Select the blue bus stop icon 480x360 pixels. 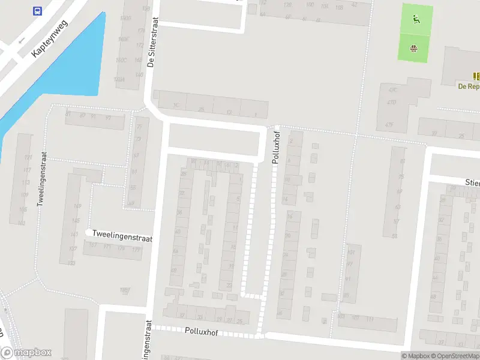point(37,11)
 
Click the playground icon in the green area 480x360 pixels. point(415,19)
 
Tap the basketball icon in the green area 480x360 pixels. point(413,48)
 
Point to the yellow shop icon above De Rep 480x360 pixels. point(476,76)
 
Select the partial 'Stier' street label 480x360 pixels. point(472,181)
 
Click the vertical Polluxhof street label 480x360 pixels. point(276,146)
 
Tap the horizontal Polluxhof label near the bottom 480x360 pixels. point(201,331)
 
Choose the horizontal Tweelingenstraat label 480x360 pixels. point(122,238)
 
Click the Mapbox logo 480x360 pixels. point(26,353)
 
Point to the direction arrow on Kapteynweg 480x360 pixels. point(22,41)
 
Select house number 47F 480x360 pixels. point(389,125)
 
